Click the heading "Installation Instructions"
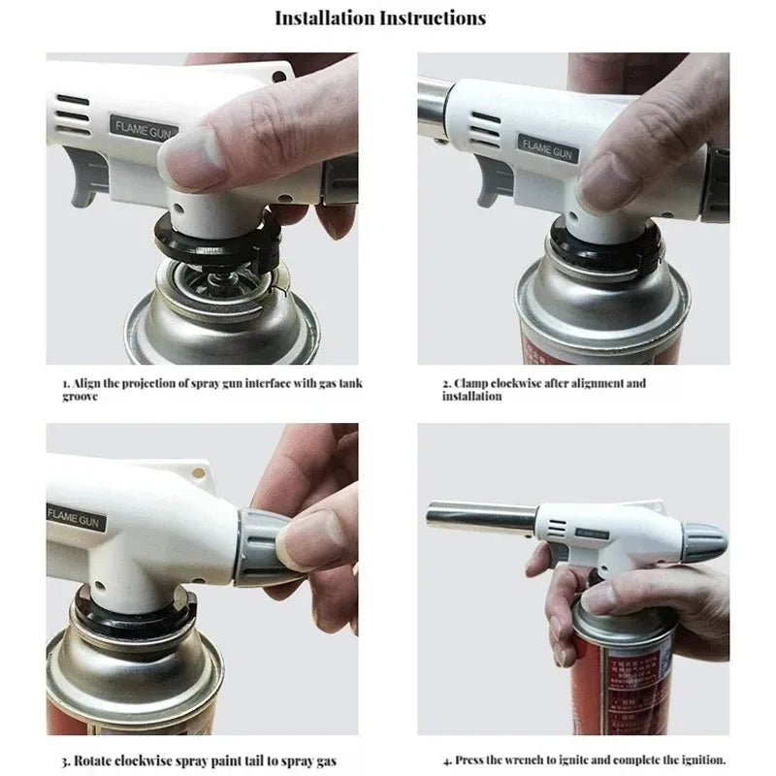point(380,17)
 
